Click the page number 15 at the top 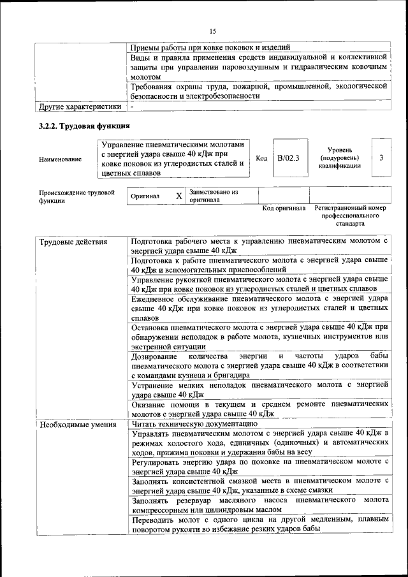coord(212,30)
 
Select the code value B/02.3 coord(288,157)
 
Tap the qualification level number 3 coord(381,157)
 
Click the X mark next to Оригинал coord(179,196)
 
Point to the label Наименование coord(61,159)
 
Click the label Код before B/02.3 coord(261,157)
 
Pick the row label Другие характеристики coord(80,106)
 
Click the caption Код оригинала coord(284,208)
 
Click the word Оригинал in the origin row coord(145,196)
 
